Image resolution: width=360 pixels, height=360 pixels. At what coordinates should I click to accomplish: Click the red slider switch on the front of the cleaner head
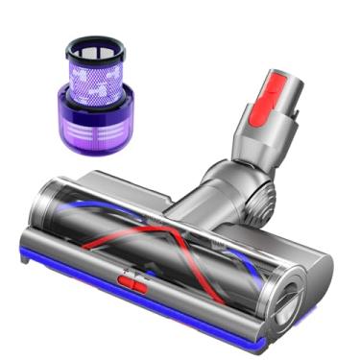[x=132, y=283]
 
